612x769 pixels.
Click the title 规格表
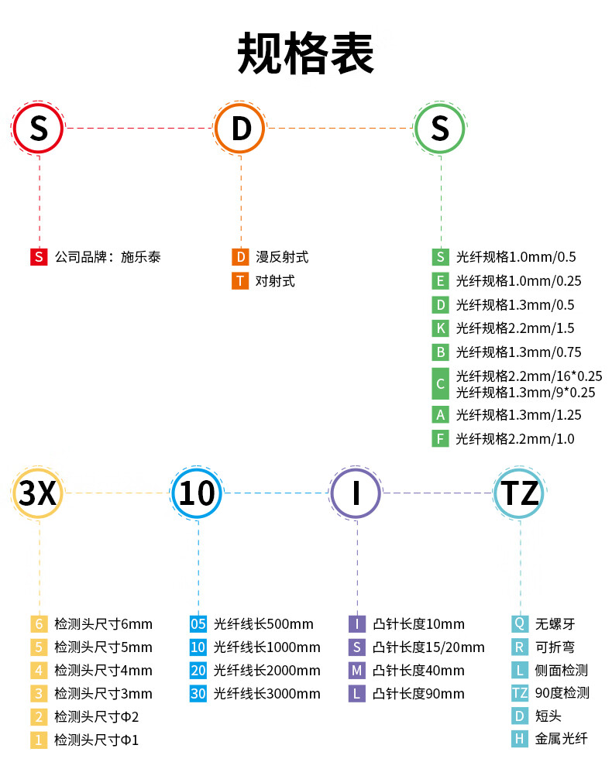[x=305, y=53]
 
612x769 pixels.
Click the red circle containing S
[x=39, y=128]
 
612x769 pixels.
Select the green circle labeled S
[x=440, y=128]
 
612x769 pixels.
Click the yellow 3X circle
[x=37, y=493]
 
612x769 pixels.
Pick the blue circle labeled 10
[x=197, y=493]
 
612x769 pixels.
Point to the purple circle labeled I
[x=356, y=493]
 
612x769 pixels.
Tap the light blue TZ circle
[x=519, y=493]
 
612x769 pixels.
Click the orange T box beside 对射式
[x=240, y=281]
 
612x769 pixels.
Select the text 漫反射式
[x=282, y=257]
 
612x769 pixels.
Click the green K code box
[x=441, y=328]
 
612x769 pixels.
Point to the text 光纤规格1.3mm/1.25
[x=518, y=415]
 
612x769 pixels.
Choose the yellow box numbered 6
[x=39, y=623]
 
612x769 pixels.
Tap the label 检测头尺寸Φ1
[x=96, y=740]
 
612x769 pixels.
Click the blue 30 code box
[x=198, y=694]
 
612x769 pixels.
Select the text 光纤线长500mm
[x=263, y=624]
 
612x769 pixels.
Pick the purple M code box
[x=356, y=671]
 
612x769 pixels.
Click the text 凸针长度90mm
[x=418, y=694]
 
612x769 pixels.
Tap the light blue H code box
[x=520, y=739]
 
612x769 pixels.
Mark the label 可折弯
[x=554, y=647]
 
